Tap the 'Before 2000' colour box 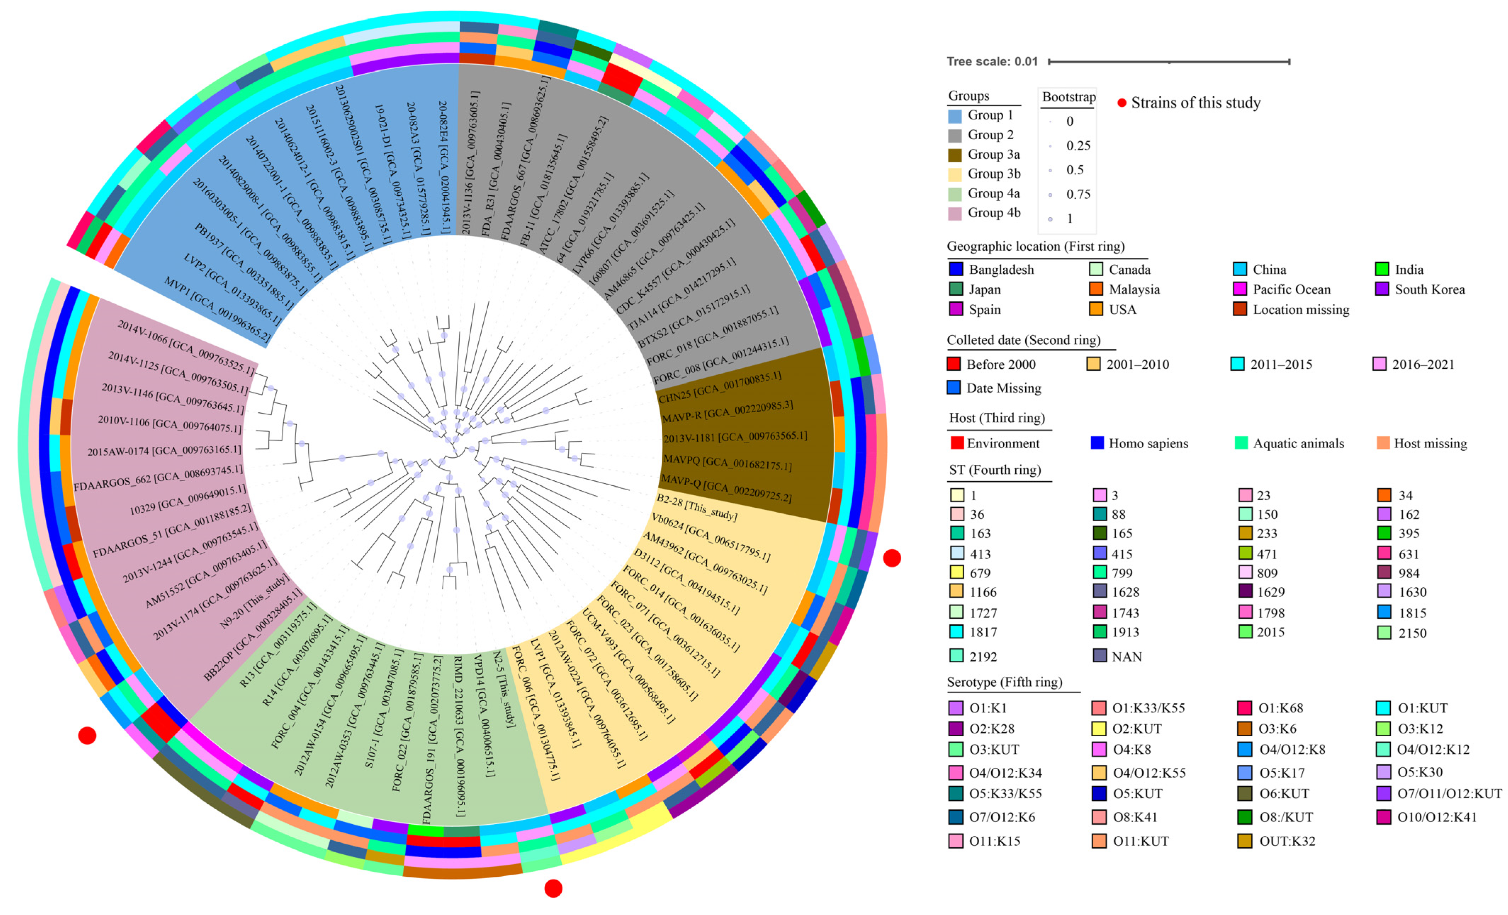click(x=953, y=364)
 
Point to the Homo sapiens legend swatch click(x=1097, y=442)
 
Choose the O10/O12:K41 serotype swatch click(x=1384, y=817)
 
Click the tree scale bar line click(x=1169, y=62)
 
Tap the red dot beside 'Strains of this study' click(x=1122, y=103)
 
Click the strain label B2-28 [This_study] click(x=696, y=507)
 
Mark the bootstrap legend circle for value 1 click(x=1050, y=218)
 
